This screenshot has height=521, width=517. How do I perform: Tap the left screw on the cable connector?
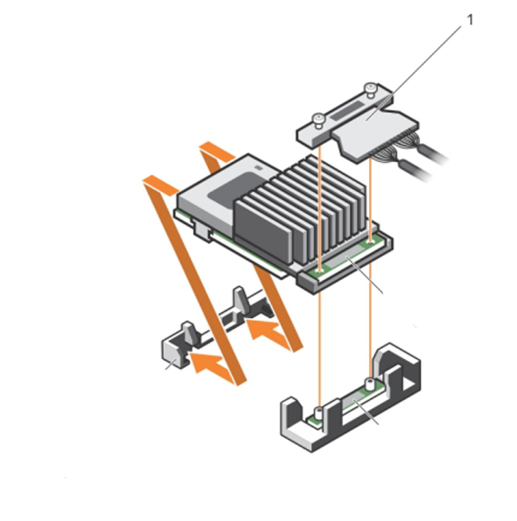[x=318, y=119]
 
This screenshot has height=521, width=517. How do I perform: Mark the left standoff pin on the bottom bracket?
[x=318, y=412]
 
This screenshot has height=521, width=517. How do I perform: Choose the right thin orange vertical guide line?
[x=371, y=312]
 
